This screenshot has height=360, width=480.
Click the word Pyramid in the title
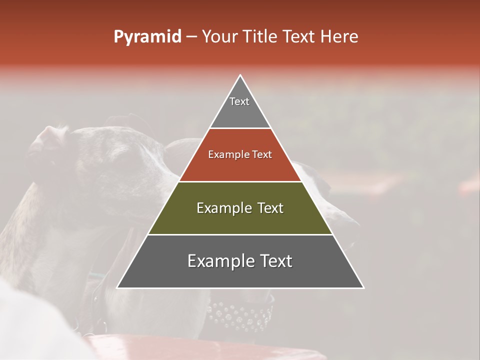coord(147,37)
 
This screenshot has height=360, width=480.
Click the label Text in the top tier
coord(239,101)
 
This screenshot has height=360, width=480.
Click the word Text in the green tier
coord(270,208)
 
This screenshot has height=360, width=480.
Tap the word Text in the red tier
coord(262,155)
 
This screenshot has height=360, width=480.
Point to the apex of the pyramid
coord(240,75)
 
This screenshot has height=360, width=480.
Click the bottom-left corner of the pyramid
coord(118,287)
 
